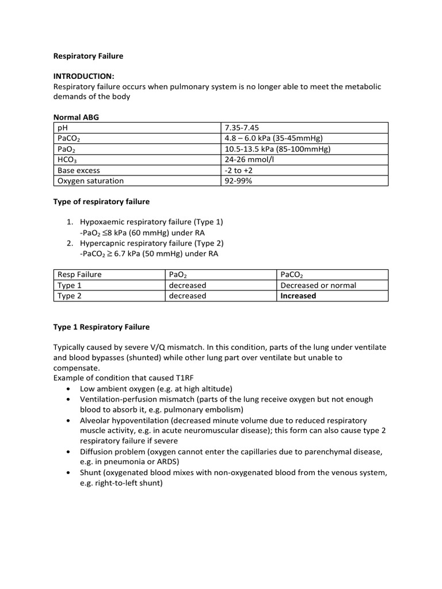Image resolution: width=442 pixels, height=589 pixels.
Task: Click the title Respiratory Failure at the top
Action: (x=88, y=56)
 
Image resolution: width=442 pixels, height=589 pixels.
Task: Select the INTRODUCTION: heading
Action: (x=83, y=76)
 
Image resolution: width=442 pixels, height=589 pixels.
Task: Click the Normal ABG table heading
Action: (x=76, y=117)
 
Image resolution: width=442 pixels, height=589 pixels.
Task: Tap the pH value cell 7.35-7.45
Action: (x=242, y=128)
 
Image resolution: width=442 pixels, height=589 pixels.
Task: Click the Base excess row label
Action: (x=79, y=170)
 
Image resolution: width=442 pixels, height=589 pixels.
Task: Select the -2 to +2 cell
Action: (x=239, y=170)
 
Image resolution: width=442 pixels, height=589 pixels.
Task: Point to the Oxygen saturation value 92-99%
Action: (x=238, y=181)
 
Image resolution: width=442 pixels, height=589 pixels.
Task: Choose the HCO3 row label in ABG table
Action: (x=67, y=160)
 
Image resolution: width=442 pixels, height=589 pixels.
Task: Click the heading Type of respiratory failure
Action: (x=101, y=201)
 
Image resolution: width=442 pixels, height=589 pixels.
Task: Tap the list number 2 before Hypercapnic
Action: (x=69, y=243)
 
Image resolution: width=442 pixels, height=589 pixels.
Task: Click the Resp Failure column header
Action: (x=79, y=274)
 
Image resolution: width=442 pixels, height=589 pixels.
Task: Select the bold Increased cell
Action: (x=298, y=296)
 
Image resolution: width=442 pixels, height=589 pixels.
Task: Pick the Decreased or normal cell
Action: (x=318, y=285)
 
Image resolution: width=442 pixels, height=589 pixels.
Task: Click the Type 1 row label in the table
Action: (x=70, y=285)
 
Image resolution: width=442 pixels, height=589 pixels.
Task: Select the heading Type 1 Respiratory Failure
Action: (x=101, y=327)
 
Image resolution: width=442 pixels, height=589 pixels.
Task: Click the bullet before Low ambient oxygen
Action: (x=69, y=389)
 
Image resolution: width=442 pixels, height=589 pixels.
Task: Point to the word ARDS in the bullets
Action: (x=162, y=462)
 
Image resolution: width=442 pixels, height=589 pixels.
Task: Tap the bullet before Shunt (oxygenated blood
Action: (x=69, y=473)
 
